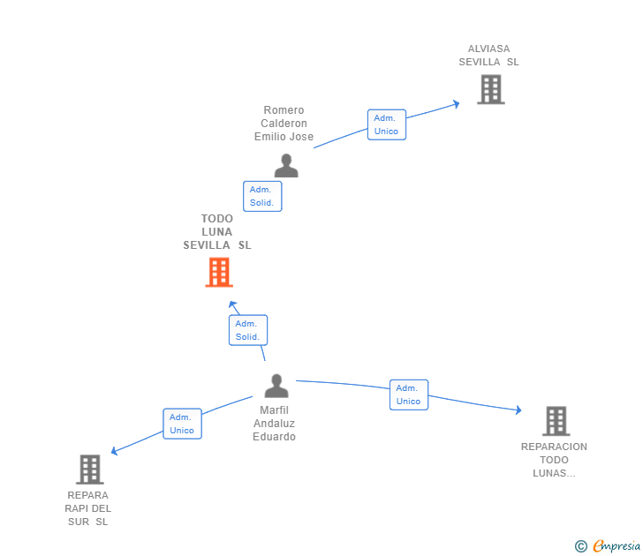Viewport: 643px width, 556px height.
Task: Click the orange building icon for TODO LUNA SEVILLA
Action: click(218, 273)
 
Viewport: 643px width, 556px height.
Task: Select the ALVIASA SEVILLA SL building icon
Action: click(490, 89)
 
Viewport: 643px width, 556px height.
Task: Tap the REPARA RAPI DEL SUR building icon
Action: click(90, 470)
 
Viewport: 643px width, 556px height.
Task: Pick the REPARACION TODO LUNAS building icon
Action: click(556, 421)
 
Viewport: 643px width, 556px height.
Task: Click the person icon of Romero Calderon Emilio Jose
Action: click(285, 165)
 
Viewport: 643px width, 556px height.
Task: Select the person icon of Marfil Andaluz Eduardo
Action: click(276, 386)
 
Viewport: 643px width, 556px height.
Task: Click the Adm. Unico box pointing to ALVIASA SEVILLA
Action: click(386, 124)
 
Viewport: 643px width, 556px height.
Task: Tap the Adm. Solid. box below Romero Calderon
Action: click(262, 196)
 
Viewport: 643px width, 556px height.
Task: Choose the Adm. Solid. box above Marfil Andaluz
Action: click(247, 330)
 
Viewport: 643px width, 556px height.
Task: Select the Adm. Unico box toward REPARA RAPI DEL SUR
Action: click(182, 424)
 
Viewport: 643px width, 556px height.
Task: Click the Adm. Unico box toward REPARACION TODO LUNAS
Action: click(408, 394)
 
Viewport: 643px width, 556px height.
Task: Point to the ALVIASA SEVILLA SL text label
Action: click(489, 56)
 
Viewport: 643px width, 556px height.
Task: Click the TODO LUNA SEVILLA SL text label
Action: click(217, 232)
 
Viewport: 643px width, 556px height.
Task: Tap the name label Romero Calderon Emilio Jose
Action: click(284, 124)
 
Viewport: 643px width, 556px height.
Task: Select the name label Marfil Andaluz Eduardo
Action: click(274, 424)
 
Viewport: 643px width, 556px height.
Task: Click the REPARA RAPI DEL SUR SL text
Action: click(88, 508)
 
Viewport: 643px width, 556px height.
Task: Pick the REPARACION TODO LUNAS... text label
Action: click(554, 460)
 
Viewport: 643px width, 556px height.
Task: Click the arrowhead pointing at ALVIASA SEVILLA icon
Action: click(456, 103)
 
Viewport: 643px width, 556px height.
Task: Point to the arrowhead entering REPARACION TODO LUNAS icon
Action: click(518, 409)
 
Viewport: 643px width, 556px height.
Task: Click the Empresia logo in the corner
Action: click(608, 546)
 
